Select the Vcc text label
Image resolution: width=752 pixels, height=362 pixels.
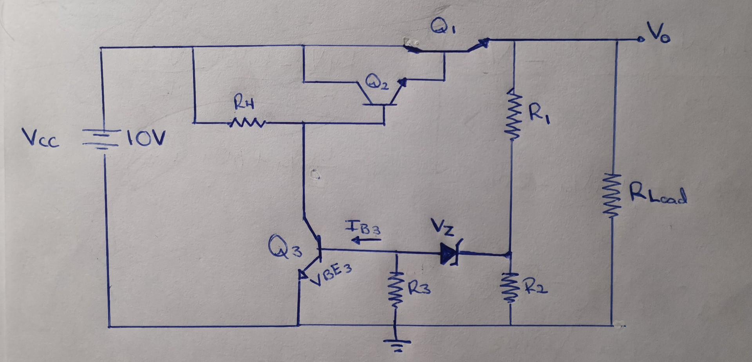[41, 139]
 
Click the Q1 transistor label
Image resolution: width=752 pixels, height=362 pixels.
[441, 27]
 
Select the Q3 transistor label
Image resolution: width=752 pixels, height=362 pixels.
[285, 247]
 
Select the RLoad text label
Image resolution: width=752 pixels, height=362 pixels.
[658, 195]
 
